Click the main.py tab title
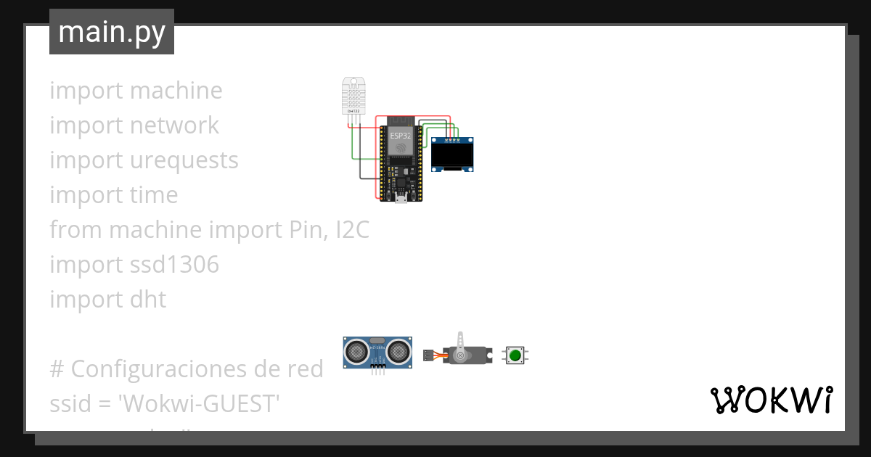pos(112,32)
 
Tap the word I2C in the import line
pos(352,230)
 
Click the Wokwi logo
pos(771,400)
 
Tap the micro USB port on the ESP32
pos(400,198)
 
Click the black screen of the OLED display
pos(452,155)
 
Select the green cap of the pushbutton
pos(515,355)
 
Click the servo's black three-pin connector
pos(428,355)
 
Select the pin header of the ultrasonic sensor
pos(377,368)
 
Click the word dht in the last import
pos(152,300)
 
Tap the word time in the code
pos(152,195)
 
